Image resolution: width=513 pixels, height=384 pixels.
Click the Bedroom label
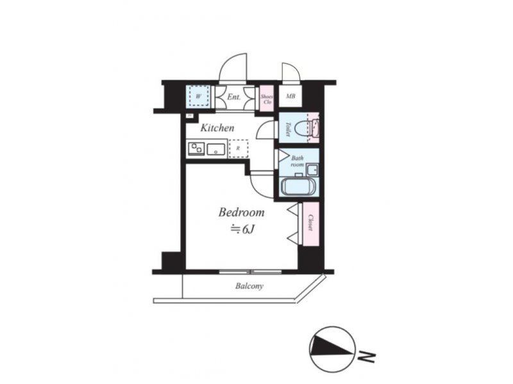pos(241,212)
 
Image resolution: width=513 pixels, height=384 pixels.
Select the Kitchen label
pos(217,127)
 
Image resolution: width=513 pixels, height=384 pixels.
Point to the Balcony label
pos(249,286)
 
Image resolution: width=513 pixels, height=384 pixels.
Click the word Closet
pos(311,223)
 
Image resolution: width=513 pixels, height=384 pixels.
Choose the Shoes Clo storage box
pos(266,99)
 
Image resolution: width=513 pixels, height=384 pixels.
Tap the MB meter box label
pos(290,97)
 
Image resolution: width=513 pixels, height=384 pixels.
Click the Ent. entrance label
pos(233,97)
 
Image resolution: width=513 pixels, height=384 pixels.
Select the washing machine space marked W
pos(199,96)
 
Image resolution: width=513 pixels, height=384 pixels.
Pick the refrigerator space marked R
pos(238,148)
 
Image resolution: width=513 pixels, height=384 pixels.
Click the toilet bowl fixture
pos(302,128)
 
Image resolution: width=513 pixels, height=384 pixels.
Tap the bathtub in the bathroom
pos(298,187)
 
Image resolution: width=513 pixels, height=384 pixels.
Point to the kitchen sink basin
pos(215,150)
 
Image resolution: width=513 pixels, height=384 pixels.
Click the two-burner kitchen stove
pos(196,149)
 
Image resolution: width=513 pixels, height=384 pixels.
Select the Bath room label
pos(298,161)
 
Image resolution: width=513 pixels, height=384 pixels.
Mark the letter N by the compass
pos(366,357)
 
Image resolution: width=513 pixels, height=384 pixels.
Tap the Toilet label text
pos(288,129)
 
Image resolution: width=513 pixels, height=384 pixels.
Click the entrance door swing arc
pos(226,60)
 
